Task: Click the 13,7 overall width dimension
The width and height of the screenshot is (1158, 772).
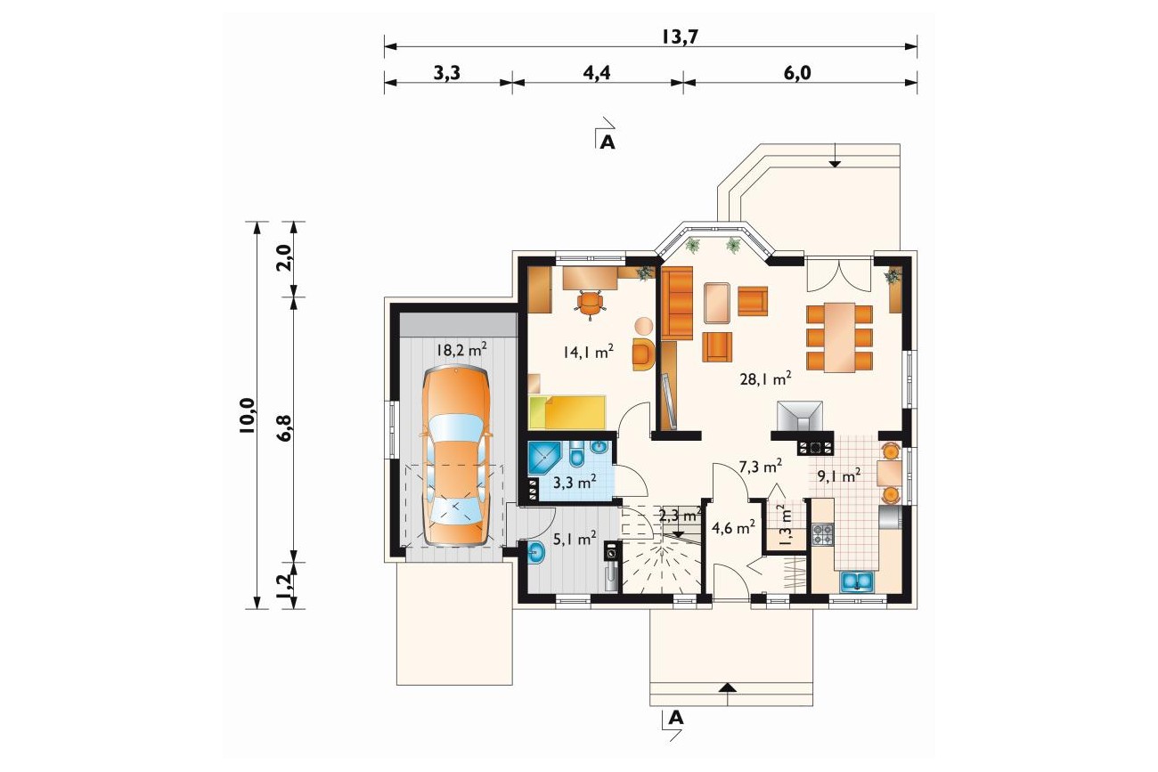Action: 680,37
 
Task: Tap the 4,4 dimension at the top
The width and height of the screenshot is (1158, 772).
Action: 597,73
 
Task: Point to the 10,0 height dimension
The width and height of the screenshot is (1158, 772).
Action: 248,415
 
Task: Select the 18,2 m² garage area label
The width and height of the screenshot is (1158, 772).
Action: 461,349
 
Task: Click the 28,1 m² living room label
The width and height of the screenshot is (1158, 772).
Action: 766,378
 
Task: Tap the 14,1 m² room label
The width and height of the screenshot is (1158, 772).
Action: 588,352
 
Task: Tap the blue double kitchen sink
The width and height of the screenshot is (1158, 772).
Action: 858,581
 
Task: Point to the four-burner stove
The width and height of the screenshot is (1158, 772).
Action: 822,534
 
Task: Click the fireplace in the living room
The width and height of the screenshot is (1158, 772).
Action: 800,416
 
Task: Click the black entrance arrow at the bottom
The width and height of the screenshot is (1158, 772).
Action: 728,687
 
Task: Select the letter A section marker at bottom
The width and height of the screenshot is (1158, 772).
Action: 676,718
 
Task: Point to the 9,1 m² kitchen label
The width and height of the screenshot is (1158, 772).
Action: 839,475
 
